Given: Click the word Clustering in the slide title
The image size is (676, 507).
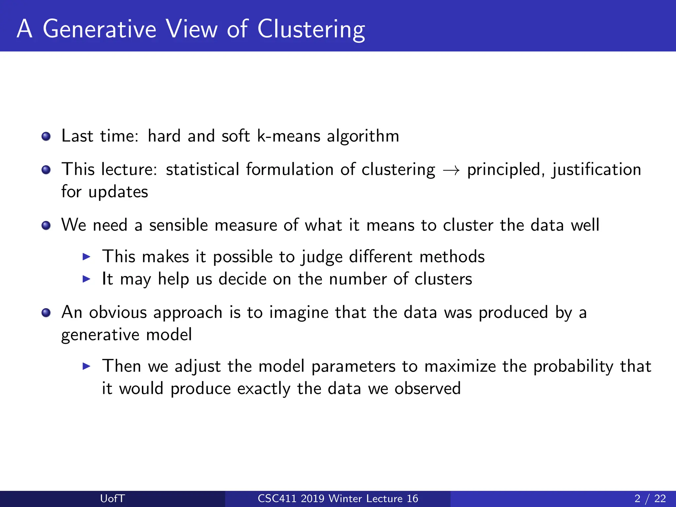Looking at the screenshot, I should point(311,29).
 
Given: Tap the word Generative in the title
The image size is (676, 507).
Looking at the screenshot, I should point(99,29).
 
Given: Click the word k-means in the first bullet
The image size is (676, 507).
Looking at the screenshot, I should point(288,136).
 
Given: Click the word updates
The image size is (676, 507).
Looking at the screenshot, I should point(118,192).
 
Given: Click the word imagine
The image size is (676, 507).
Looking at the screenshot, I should point(299,313).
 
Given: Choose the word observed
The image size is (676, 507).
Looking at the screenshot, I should point(427,388).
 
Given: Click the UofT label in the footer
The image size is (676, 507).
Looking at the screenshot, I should point(112,498).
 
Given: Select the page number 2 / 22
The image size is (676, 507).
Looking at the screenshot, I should point(650,498).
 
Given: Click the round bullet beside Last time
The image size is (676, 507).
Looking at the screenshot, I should point(46,136).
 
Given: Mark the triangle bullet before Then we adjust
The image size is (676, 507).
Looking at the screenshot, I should point(86,366).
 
